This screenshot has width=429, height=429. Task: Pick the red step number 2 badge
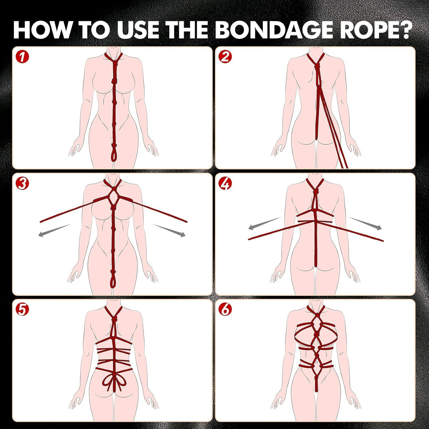coord(225,57)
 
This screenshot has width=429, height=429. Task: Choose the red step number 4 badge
coord(225,183)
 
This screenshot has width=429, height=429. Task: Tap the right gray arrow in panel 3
coord(170,230)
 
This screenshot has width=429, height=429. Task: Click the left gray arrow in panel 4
coord(264,223)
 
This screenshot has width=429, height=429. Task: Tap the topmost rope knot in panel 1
coord(114,81)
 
